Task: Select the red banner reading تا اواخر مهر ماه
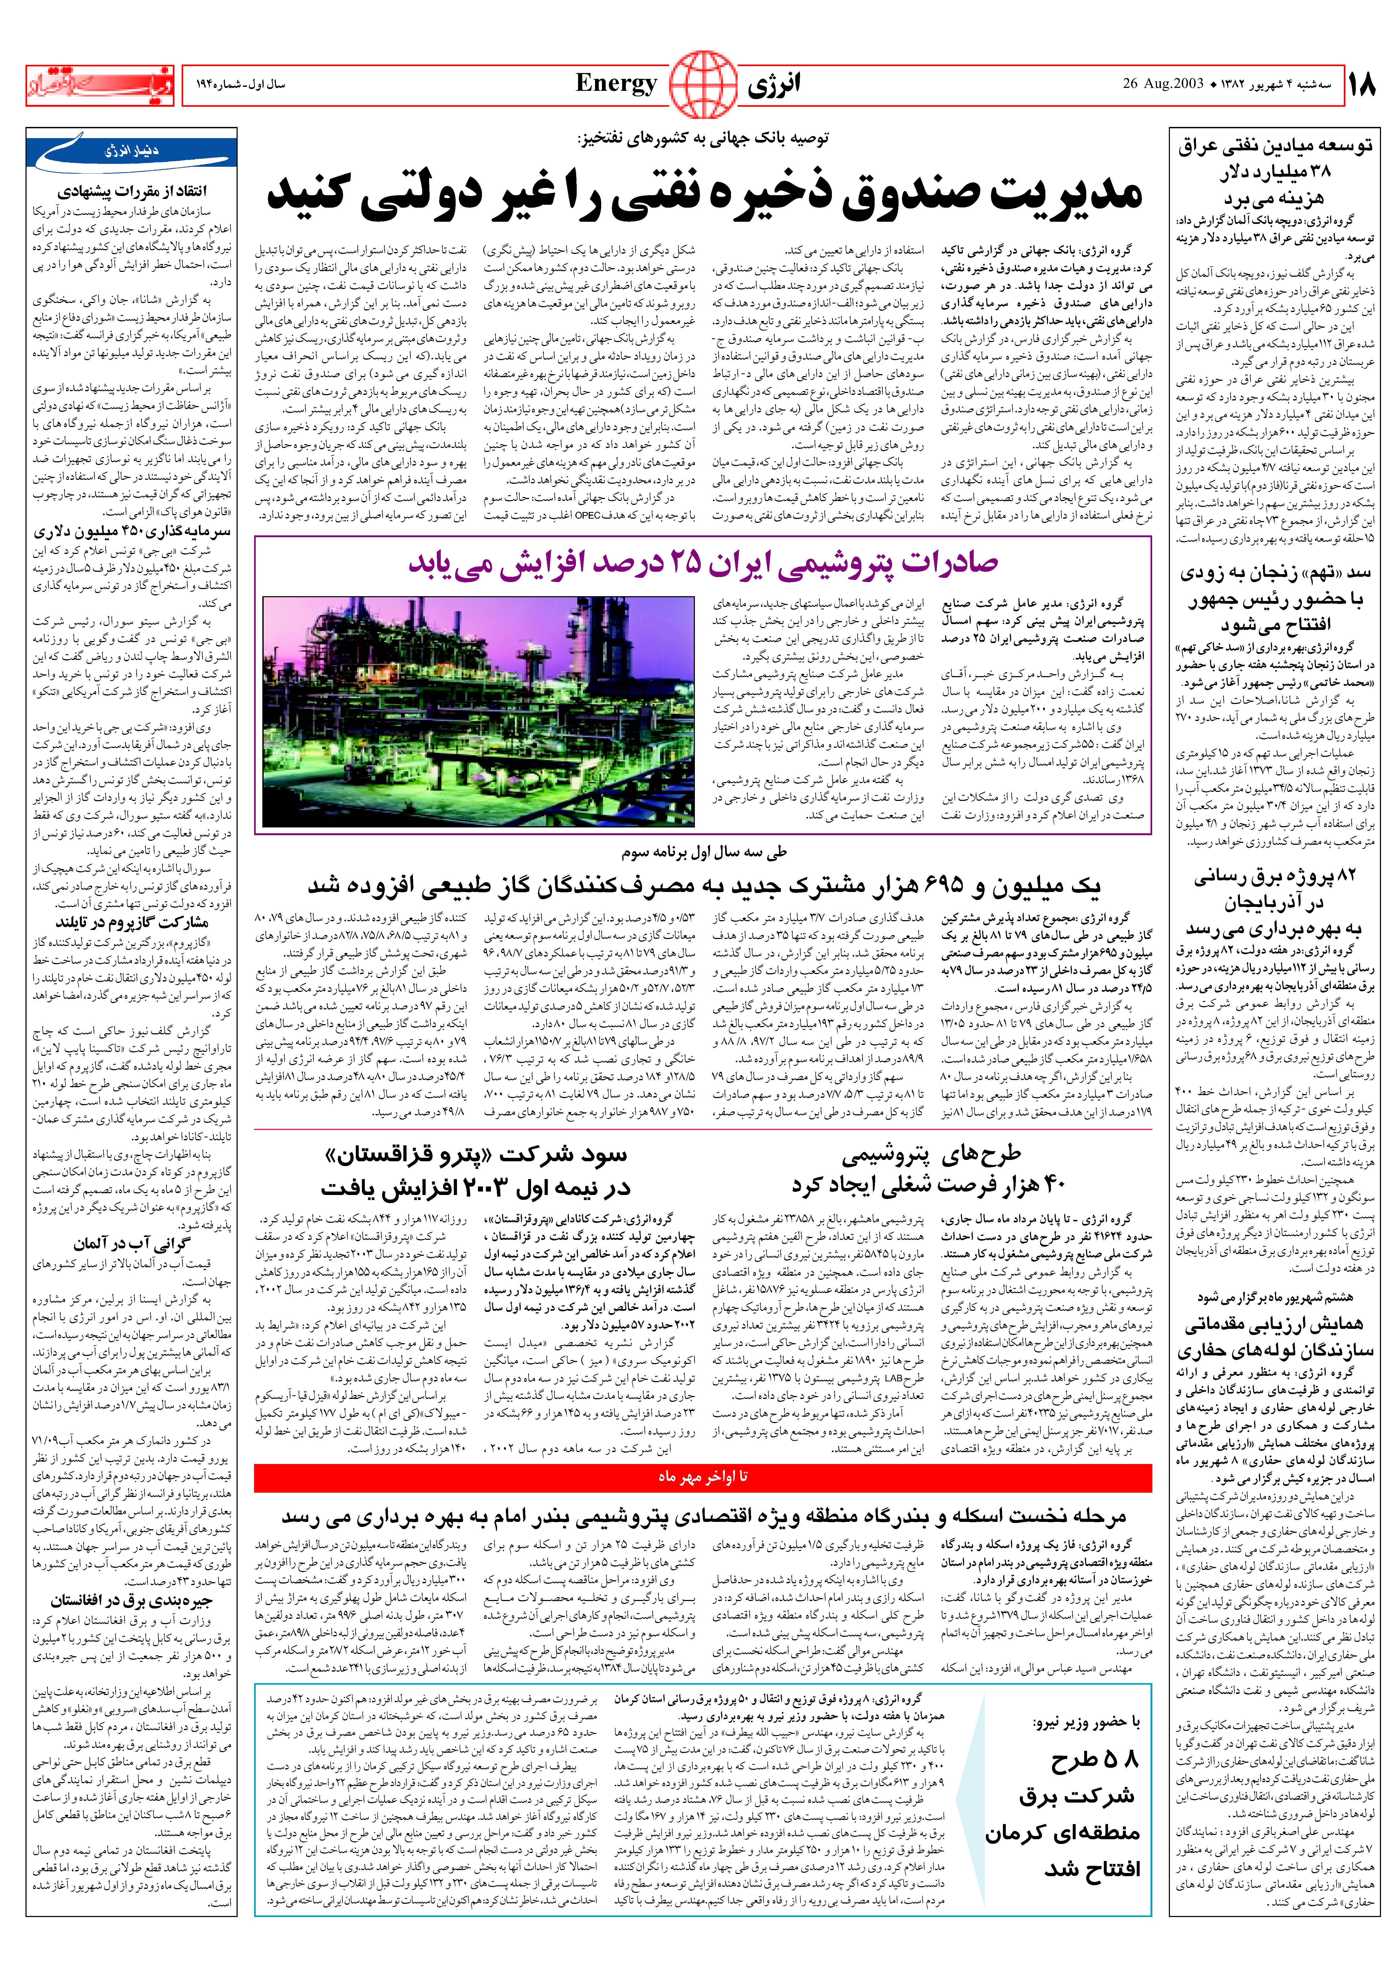tap(702, 1476)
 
